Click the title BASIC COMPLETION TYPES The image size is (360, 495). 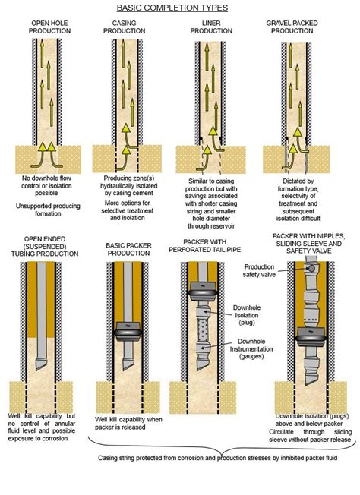[180, 8]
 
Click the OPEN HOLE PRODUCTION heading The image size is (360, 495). [51, 28]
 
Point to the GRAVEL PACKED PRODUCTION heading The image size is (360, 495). [289, 28]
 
